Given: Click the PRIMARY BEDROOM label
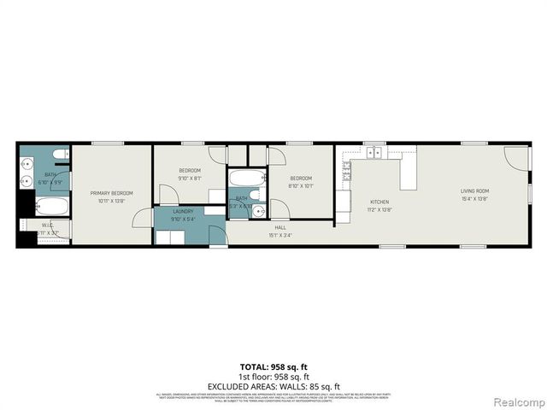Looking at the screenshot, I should [112, 193].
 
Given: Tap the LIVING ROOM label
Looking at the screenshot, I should [474, 190].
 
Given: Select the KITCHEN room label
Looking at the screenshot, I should [379, 202].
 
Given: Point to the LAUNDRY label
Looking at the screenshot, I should [183, 211].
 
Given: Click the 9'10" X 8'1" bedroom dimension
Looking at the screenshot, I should [190, 179].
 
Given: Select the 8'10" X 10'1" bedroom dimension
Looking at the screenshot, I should [301, 185].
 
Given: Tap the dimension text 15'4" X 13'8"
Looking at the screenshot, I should [474, 198].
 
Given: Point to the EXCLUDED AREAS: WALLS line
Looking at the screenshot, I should [273, 385].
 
